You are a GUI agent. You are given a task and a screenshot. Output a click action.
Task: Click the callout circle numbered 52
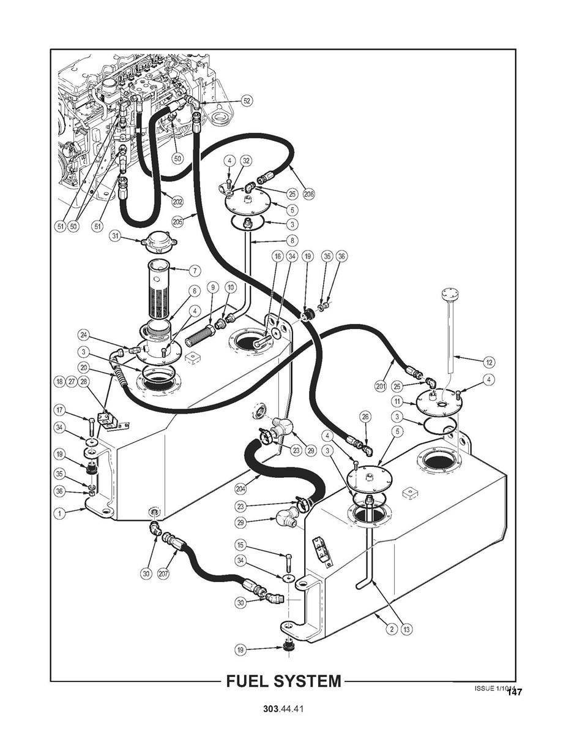click(x=247, y=100)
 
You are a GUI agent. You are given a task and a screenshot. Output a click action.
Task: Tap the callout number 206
click(x=308, y=194)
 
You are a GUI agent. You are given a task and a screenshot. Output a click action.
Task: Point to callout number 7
click(x=195, y=270)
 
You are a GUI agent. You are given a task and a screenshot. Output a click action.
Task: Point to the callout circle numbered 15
click(x=240, y=544)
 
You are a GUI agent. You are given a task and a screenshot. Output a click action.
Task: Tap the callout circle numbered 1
click(x=59, y=514)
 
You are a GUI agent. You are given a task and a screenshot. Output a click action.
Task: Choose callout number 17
click(x=59, y=410)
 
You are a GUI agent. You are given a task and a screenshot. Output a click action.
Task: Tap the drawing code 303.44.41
click(x=283, y=709)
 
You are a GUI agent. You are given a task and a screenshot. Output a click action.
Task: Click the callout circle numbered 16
click(x=277, y=257)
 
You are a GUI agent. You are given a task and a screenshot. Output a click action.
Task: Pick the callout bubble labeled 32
click(x=246, y=161)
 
